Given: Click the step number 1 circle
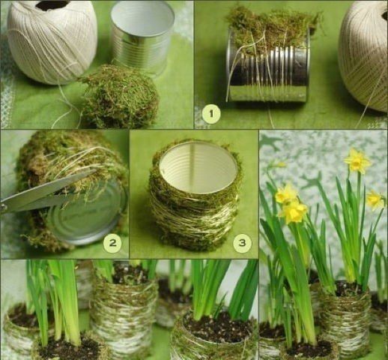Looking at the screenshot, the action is (211, 114).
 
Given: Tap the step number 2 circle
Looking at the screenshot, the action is (112, 242).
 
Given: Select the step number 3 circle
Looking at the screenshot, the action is (243, 242).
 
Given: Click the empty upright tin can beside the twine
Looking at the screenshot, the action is (142, 37).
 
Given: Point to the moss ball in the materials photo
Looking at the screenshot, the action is (118, 96).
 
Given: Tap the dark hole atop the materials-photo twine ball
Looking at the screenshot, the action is (52, 5).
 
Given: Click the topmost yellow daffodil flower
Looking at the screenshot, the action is (357, 161).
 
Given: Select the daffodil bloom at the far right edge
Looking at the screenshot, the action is (375, 200).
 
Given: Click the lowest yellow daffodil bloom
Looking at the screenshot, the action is (294, 212).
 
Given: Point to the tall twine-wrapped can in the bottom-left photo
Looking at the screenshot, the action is (124, 307).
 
